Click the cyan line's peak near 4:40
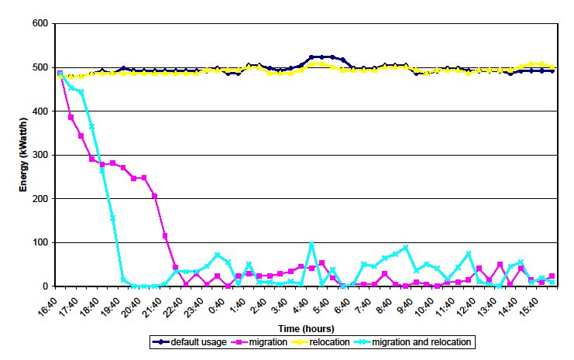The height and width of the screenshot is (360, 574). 311,245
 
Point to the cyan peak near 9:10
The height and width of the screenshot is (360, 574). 405,248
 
